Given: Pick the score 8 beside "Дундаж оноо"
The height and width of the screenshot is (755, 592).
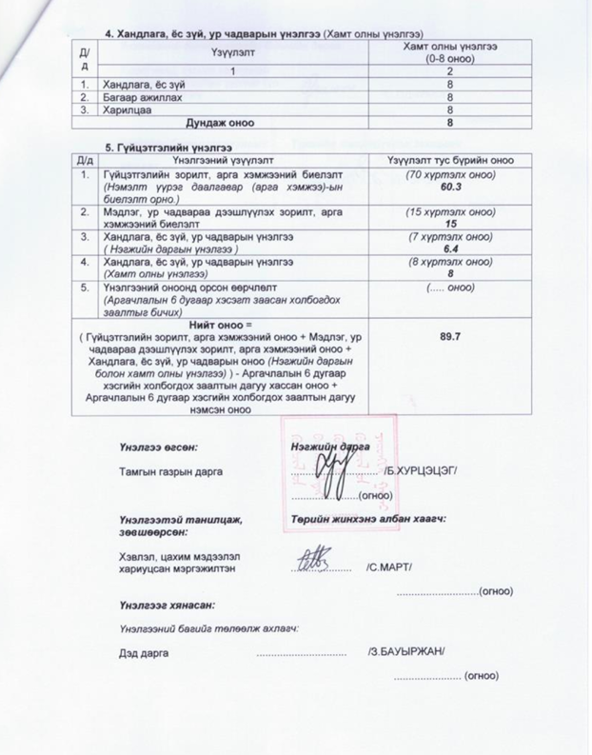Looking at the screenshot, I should coord(449,122).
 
